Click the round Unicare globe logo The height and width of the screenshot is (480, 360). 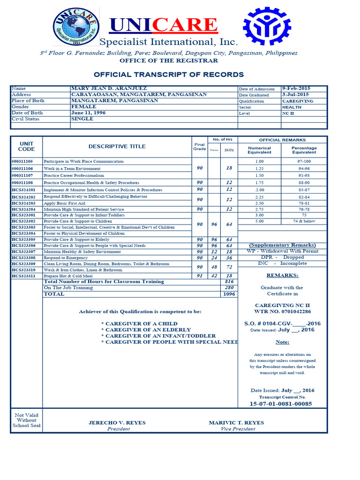tap(75, 27)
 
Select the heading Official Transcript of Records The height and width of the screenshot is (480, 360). tap(169, 75)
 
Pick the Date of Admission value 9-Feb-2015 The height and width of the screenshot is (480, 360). tap(296, 88)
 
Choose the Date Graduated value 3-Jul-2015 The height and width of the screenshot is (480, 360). tap(295, 94)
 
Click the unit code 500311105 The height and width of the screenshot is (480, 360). tap(22, 161)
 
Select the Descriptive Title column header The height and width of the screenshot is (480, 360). tap(117, 146)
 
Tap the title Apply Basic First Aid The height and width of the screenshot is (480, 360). tap(65, 203)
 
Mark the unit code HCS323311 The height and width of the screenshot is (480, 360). tap(23, 276)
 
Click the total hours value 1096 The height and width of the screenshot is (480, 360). tap(229, 294)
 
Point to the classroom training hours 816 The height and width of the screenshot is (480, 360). tap(229, 282)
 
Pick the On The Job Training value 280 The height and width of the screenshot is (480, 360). tap(229, 288)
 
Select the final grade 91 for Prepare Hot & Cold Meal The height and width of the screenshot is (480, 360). tap(200, 276)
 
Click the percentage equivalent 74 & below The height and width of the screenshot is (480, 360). tap(304, 221)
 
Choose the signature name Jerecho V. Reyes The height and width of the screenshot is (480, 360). tap(117, 422)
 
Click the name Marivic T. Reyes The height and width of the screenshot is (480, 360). tap(236, 422)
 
